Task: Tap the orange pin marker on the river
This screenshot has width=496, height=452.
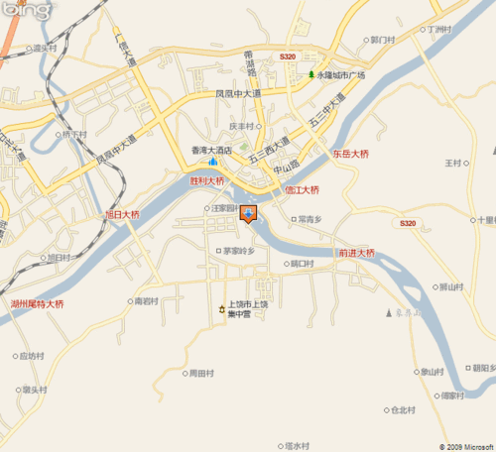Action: [248, 212]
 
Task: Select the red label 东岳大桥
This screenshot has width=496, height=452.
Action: [350, 155]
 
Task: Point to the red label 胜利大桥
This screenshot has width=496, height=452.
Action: [207, 181]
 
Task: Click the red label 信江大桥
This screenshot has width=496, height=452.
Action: [302, 189]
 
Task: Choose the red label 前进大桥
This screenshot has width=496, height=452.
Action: [356, 253]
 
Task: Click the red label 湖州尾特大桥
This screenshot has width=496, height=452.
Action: [38, 303]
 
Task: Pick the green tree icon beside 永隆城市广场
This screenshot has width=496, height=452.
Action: [310, 75]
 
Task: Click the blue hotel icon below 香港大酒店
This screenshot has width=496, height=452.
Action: [211, 162]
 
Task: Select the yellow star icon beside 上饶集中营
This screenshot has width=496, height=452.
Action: [222, 310]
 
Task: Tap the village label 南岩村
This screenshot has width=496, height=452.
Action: [145, 300]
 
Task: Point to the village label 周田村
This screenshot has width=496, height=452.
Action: [201, 374]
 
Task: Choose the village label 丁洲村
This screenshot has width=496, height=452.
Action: [437, 30]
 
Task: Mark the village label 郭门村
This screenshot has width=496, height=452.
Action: [382, 40]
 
